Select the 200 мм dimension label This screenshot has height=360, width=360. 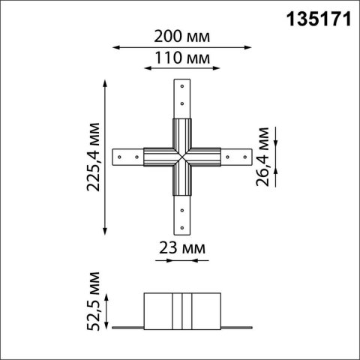point(180,36)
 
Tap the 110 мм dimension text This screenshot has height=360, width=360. point(180,58)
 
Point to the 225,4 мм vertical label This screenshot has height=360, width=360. point(93,157)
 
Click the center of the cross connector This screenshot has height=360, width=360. point(180,157)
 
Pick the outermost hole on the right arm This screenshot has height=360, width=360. point(244,157)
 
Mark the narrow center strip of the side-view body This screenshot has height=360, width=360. point(180,309)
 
